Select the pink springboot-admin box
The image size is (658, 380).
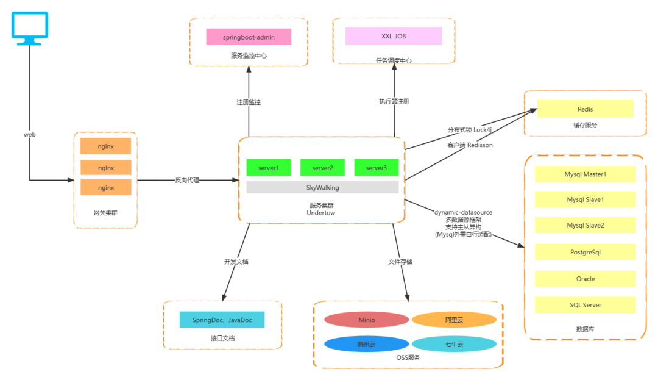coord(249,37)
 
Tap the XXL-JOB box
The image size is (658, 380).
coord(393,37)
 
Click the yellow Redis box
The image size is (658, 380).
coord(585,109)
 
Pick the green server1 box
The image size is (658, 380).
coord(268,168)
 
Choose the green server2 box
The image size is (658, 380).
coord(322,168)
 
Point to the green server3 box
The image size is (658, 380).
coord(376,168)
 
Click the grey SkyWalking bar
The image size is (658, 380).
coord(322,187)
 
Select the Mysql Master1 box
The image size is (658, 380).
coord(585,174)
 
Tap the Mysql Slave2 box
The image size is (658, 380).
coord(585,225)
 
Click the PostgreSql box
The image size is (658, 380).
coord(585,252)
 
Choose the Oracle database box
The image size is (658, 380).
coord(585,279)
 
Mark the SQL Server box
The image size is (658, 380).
coord(585,305)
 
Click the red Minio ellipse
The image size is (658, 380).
coord(366,320)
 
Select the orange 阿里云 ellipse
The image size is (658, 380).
coord(454,320)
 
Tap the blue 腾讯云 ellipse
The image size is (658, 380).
coord(366,345)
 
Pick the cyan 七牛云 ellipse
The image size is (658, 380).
coord(454,345)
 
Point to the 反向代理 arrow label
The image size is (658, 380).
coord(187,181)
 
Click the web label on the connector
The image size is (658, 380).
coord(30,134)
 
